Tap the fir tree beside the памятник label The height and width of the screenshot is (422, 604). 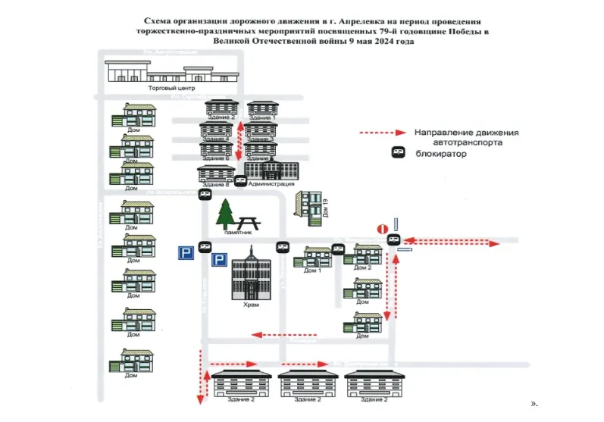click(226, 213)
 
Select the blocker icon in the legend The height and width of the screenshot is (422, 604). click(399, 152)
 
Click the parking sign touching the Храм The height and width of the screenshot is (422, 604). click(218, 260)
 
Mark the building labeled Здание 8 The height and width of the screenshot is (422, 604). click(215, 173)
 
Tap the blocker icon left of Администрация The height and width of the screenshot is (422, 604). click(240, 181)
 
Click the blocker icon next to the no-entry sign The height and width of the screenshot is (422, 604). click(392, 239)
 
